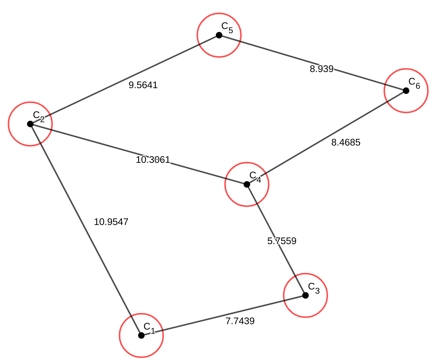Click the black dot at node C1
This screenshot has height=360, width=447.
tap(141, 336)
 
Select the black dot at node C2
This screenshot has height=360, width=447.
tap(30, 124)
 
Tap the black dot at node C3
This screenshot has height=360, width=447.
tap(305, 295)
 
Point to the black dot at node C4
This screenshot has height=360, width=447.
tap(247, 184)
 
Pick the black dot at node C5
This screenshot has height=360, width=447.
tap(219, 35)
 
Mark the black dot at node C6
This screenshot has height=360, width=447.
tap(406, 91)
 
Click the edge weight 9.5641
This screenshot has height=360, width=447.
tap(143, 85)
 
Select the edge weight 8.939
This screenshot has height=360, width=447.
tap(321, 69)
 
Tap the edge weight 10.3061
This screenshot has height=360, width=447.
tap(153, 160)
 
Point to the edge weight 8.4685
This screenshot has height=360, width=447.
tap(346, 143)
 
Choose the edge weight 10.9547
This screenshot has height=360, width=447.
tap(111, 222)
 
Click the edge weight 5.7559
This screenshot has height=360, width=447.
tap(282, 241)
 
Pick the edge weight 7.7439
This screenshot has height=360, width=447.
tap(240, 321)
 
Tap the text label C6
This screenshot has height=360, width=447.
tap(414, 83)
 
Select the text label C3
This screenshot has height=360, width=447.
tap(314, 288)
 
